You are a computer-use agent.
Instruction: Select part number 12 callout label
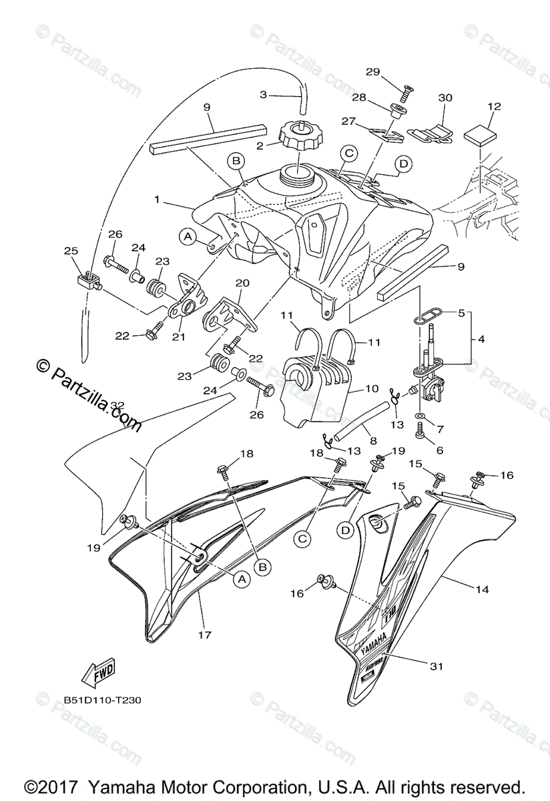tap(494, 106)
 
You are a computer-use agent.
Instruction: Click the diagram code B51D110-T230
tap(103, 701)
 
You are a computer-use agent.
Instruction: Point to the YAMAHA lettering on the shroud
tap(373, 646)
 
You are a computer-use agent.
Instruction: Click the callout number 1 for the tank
tap(157, 199)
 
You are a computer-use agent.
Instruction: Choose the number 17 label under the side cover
tap(206, 635)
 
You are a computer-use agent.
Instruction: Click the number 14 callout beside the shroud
tap(483, 589)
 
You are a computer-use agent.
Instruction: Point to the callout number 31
tap(437, 665)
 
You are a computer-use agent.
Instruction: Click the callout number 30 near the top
tap(445, 97)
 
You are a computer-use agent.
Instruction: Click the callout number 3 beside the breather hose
tap(263, 95)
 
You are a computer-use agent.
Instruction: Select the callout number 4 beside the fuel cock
tap(482, 338)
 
